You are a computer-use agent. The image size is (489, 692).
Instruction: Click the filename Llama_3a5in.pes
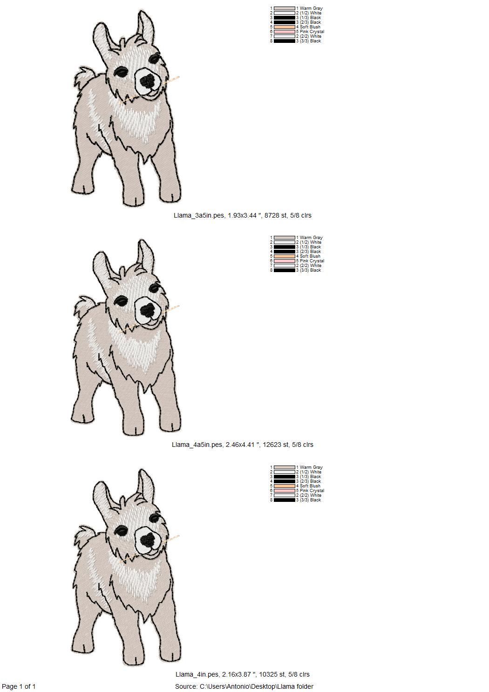coord(198,216)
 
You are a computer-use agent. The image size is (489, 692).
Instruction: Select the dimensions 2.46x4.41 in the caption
coord(241,445)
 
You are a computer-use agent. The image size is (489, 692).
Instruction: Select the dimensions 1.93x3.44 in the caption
coord(242,216)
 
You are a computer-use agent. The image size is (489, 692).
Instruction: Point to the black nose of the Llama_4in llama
coord(148,540)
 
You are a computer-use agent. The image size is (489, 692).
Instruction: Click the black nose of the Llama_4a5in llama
coord(148,310)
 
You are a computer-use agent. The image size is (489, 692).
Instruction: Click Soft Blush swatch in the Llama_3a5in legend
coord(285,27)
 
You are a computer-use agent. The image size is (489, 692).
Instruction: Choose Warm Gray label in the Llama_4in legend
coord(309,467)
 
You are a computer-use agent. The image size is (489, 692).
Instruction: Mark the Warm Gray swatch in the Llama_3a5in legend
coord(285,8)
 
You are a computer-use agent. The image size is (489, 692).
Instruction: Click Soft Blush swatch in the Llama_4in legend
coord(285,486)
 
